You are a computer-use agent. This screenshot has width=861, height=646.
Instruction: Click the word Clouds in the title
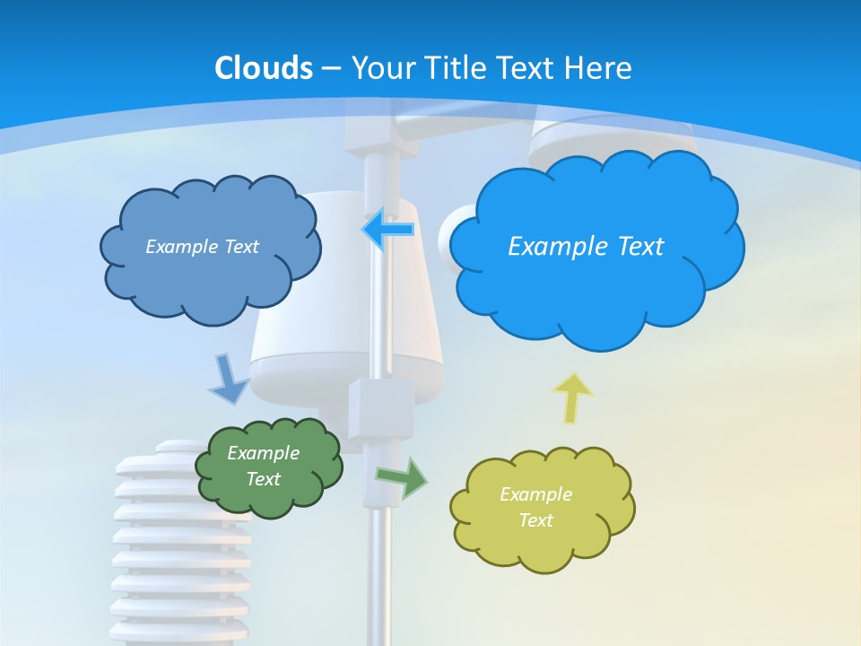click(x=264, y=68)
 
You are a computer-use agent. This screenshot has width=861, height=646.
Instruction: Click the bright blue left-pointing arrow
click(x=387, y=229)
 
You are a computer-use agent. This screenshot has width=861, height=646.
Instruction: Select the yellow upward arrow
click(x=572, y=396)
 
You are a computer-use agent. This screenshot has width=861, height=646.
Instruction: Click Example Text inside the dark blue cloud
click(x=202, y=247)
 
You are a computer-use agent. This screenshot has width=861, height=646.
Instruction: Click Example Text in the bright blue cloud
click(x=586, y=247)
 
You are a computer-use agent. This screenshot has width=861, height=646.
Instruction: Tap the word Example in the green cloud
click(x=264, y=453)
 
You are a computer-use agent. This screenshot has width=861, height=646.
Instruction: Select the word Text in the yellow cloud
click(x=535, y=520)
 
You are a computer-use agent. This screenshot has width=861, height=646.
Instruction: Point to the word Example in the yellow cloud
click(x=535, y=494)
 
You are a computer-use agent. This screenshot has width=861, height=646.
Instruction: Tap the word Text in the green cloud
click(x=264, y=479)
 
